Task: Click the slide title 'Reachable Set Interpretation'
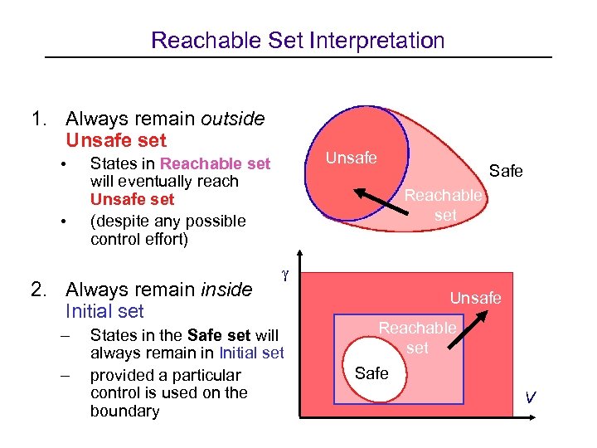click(298, 40)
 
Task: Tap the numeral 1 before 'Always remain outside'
click(36, 119)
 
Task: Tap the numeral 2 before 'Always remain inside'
click(36, 290)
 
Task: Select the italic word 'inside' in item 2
click(226, 290)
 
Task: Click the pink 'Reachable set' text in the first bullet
click(215, 163)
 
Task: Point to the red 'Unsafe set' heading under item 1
click(115, 141)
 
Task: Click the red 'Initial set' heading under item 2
click(104, 312)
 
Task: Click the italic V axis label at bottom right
click(529, 398)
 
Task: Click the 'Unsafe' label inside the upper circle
click(351, 158)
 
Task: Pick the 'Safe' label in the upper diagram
click(506, 171)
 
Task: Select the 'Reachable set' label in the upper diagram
click(443, 204)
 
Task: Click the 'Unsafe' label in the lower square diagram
click(475, 298)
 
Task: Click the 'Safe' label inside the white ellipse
click(371, 373)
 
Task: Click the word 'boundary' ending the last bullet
click(124, 411)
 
